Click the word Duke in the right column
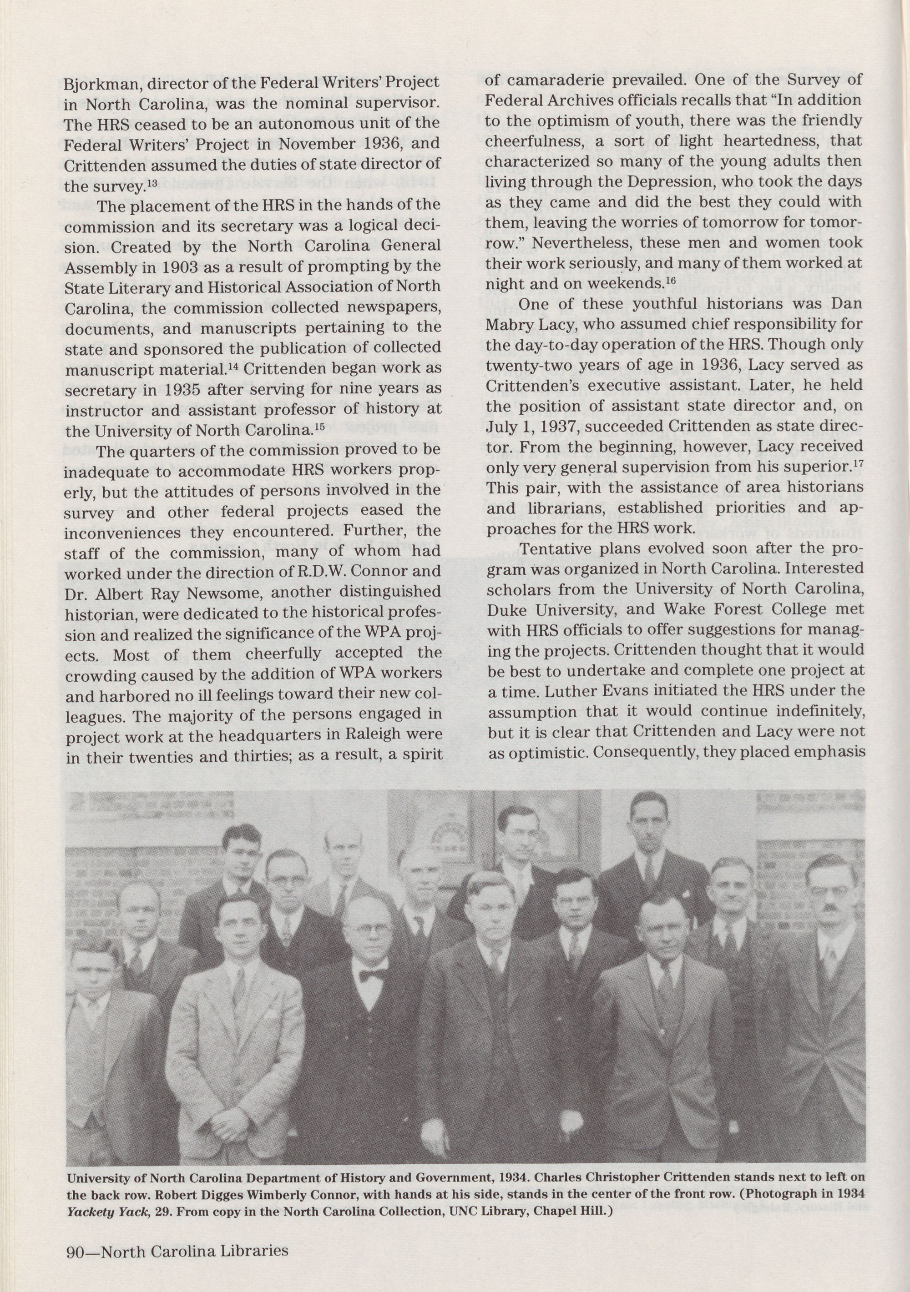pyautogui.click(x=507, y=609)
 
